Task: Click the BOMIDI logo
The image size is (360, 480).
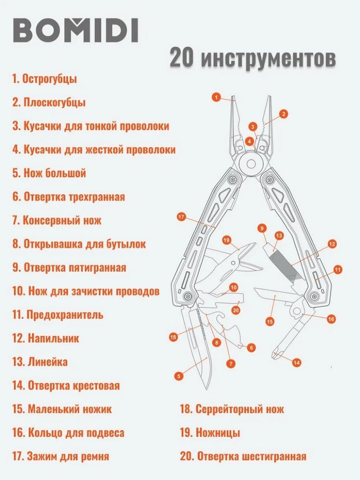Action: coord(75,31)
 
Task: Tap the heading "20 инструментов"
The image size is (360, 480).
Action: coord(252,58)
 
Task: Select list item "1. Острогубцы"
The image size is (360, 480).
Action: coord(45,78)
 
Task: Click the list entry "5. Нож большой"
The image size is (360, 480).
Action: coord(49,173)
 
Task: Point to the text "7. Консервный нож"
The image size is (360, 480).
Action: coord(57,220)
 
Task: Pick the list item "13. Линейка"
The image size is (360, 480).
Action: coord(40,362)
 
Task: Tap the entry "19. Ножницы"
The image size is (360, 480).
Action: coord(210,432)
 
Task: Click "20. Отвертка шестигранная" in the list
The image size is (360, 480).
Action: coord(243,456)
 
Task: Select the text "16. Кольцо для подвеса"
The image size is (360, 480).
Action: coord(68,433)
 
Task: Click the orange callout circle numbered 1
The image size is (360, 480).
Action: coord(216,97)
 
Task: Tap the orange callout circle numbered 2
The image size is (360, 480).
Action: coord(283,114)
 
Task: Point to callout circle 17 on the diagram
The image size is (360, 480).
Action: coord(181,217)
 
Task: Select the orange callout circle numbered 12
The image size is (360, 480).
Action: coord(331,243)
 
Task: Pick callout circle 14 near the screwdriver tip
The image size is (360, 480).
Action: coord(296,363)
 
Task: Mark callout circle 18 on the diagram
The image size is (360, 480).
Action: coord(173,337)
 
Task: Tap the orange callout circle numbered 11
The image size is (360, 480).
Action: coord(337,270)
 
